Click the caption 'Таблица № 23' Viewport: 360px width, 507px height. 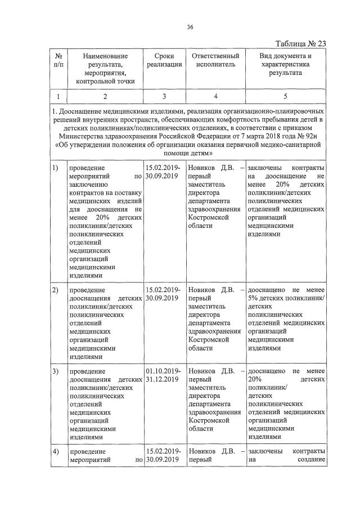(x=300, y=44)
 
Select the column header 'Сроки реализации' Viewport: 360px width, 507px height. (x=164, y=60)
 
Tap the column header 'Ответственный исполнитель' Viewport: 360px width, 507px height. (x=215, y=60)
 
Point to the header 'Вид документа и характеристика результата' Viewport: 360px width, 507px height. (x=285, y=64)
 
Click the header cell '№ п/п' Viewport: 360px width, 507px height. (x=58, y=60)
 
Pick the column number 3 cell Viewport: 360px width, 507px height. (x=164, y=96)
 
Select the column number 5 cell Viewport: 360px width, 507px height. (x=285, y=96)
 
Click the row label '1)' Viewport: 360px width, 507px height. (x=55, y=168)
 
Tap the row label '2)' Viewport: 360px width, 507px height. (x=55, y=290)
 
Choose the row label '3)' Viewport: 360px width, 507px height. (x=55, y=371)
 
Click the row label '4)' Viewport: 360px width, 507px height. (x=55, y=452)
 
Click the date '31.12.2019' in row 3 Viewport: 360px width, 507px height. (x=161, y=380)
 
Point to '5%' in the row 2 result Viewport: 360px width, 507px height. (x=253, y=299)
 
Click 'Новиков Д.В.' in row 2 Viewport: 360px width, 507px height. (x=211, y=290)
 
